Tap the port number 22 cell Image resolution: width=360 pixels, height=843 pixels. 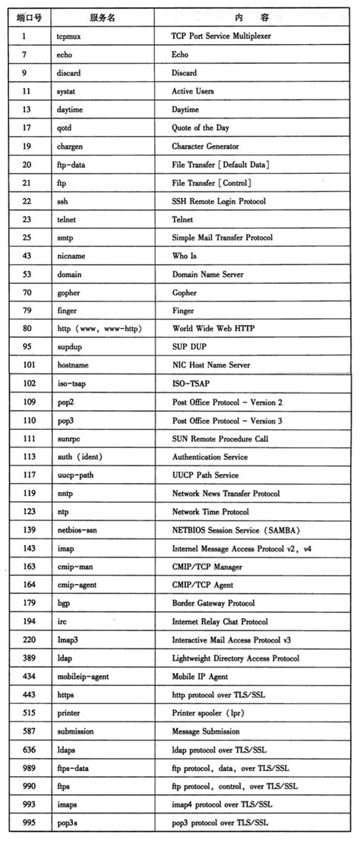pyautogui.click(x=27, y=200)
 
